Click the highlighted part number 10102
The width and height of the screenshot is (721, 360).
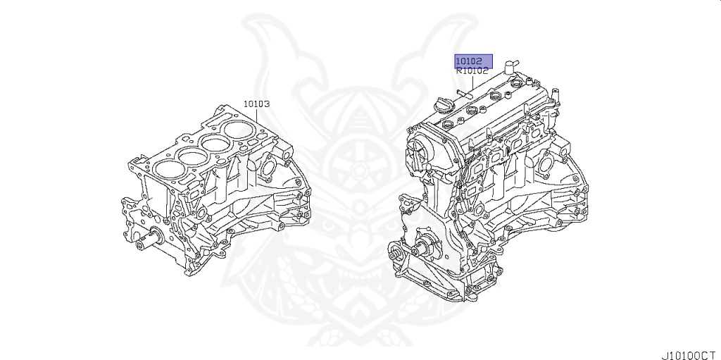469,61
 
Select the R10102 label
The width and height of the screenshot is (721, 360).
472,71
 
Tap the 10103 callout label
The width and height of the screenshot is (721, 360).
256,104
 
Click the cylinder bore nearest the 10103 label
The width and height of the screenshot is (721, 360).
239,130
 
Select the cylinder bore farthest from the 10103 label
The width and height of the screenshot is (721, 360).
169,169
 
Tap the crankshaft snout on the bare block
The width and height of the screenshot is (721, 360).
148,239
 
